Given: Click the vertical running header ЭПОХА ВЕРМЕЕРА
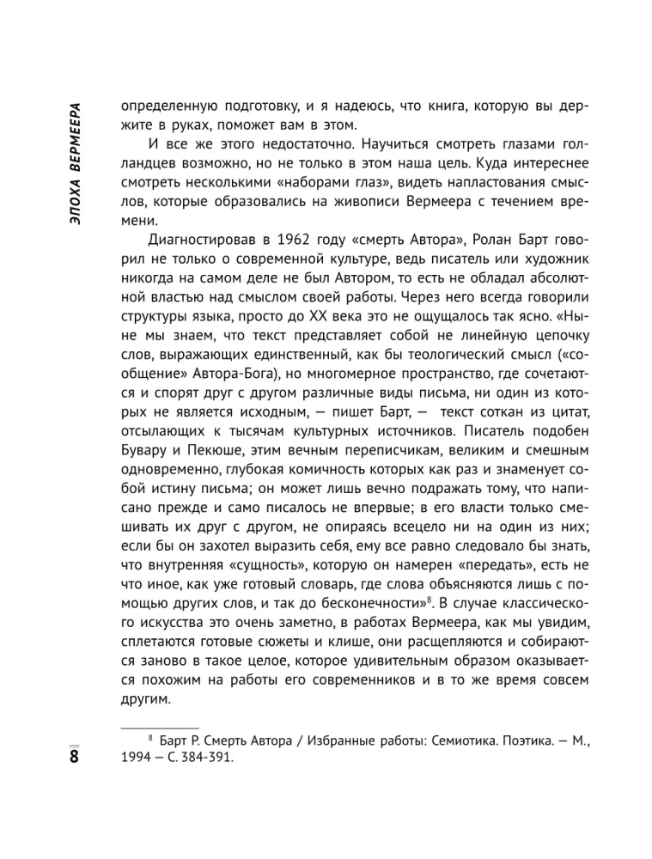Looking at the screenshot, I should pyautogui.click(x=75, y=164).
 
